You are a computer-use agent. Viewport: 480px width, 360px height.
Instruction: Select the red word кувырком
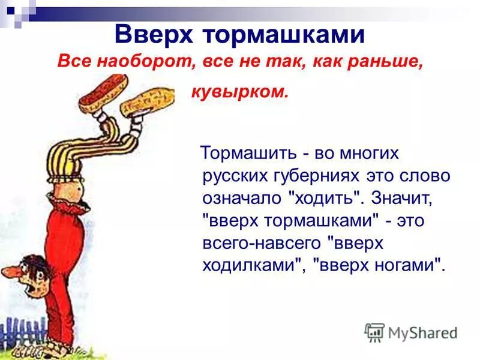239,92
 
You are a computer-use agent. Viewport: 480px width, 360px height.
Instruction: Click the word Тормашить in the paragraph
249,154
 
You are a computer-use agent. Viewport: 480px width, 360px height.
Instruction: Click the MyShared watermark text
424,332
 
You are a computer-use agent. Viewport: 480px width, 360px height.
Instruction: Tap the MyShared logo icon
374,332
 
